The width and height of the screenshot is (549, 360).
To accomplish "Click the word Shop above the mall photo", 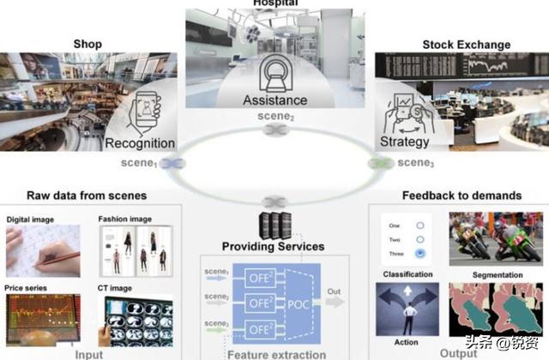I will (87, 45).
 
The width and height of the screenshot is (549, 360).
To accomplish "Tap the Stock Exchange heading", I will (466, 45).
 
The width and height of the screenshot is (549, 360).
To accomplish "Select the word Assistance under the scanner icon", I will (274, 100).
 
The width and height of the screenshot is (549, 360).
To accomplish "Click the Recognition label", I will (140, 143).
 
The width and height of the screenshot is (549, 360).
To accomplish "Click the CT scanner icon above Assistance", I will (275, 71).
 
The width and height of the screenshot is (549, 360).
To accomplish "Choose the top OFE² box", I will (260, 276).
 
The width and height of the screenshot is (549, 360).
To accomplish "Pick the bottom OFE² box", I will (260, 330).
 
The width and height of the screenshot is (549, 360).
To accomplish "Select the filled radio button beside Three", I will (419, 255).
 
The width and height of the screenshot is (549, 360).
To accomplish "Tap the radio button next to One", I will (419, 225).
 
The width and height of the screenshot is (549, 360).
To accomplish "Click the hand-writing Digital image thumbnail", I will (43, 250).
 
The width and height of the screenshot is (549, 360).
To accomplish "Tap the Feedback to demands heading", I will (461, 195).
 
